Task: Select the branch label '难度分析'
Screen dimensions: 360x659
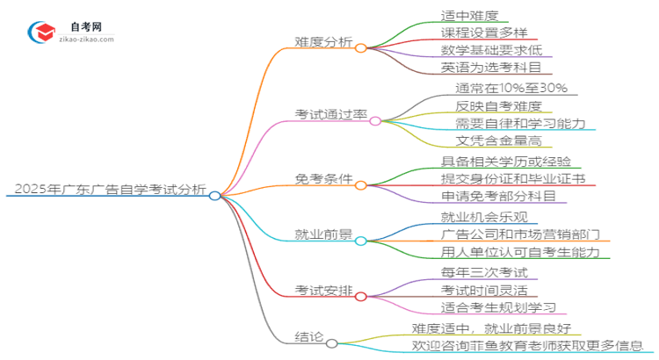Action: pos(322,40)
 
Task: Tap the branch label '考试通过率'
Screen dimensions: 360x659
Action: pos(329,113)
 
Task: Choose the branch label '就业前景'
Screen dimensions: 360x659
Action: pos(324,235)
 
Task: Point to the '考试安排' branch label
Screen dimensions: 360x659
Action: pos(324,290)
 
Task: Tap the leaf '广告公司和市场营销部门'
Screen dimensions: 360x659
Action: pos(520,234)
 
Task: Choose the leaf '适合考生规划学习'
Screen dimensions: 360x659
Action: pos(497,307)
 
